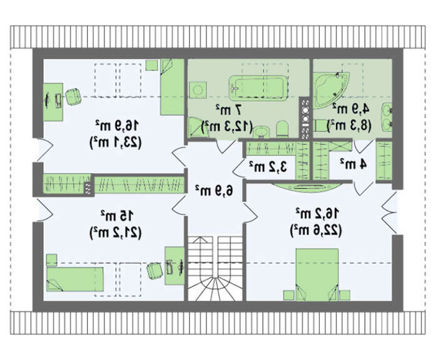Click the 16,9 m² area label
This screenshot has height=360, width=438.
(x=117, y=126)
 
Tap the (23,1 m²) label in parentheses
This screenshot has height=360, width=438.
(x=115, y=142)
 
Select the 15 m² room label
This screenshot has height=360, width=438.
(x=118, y=216)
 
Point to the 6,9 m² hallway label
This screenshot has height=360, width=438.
(x=214, y=191)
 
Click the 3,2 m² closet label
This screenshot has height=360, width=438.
(x=268, y=167)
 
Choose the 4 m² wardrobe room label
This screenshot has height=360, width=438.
(x=353, y=164)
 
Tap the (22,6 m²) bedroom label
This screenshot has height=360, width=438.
(x=316, y=231)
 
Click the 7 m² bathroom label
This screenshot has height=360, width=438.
(x=228, y=109)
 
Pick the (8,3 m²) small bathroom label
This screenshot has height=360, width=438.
(x=349, y=125)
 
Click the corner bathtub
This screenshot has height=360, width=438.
(x=330, y=90)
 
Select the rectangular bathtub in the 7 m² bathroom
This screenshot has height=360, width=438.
(x=258, y=88)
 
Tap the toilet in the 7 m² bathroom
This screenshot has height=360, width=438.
(x=282, y=128)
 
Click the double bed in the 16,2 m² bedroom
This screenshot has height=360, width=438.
(x=317, y=275)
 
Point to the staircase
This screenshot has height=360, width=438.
(x=215, y=268)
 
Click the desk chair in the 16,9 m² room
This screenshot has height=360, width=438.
(x=73, y=96)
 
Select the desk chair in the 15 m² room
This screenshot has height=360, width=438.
(x=155, y=271)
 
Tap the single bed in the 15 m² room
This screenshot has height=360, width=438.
(x=75, y=279)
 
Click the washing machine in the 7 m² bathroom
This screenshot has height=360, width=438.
(x=198, y=90)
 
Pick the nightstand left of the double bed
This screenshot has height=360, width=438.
(x=289, y=295)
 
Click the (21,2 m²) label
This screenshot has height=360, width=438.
(x=115, y=232)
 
